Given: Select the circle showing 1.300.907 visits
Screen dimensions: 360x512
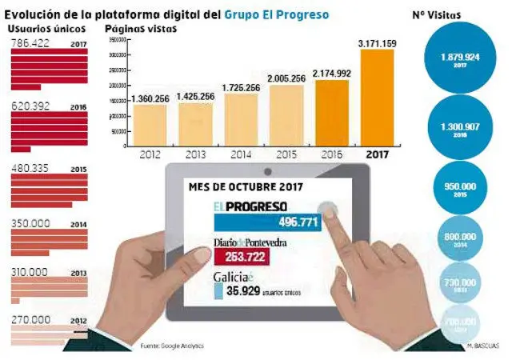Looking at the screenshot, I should (460, 129).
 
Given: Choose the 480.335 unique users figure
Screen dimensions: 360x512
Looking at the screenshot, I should (33, 169).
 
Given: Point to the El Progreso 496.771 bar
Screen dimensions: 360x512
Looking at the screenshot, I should (268, 222).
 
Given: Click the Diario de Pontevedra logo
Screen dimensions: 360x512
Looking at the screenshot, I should (252, 241).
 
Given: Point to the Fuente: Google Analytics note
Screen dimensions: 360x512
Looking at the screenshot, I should (171, 346).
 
